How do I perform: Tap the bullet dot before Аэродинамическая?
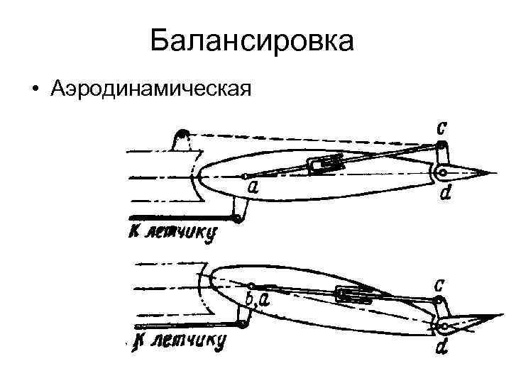[x=33, y=91]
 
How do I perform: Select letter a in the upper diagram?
[x=253, y=187]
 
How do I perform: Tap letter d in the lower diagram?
[x=442, y=348]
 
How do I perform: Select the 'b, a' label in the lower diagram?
[x=256, y=299]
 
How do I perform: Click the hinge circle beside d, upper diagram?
[x=441, y=172]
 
